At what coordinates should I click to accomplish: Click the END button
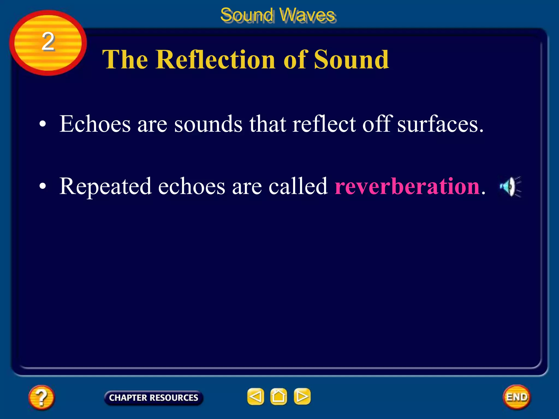517,397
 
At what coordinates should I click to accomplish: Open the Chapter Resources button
154,398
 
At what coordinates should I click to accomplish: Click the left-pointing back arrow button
255,396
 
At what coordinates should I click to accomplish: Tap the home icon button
278,396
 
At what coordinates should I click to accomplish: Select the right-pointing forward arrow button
302,396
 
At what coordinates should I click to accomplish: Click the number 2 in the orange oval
48,41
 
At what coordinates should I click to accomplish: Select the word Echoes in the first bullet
95,124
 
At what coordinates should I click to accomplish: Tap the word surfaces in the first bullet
440,124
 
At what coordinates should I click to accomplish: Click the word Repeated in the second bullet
105,187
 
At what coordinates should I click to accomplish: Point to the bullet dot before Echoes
43,124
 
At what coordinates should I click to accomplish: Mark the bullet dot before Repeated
43,187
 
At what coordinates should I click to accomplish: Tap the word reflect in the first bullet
324,124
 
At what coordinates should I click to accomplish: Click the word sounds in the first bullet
208,124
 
